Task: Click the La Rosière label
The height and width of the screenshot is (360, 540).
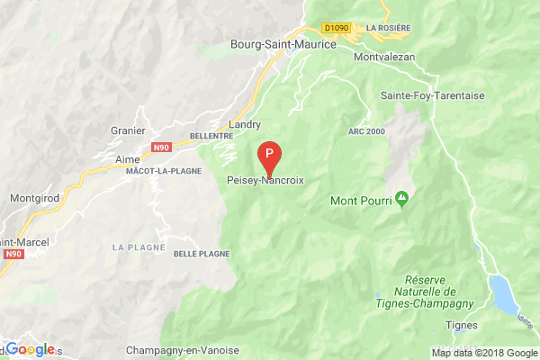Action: tap(387, 28)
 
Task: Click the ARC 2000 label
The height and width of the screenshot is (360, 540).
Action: tap(365, 132)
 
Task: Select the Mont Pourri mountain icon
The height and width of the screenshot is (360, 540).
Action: tap(401, 197)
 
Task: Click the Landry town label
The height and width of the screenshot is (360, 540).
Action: tap(245, 124)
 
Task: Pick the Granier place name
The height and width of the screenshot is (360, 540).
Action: tap(126, 129)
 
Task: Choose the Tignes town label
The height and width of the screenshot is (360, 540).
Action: tap(461, 324)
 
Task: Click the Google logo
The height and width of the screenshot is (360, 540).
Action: tap(30, 349)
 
